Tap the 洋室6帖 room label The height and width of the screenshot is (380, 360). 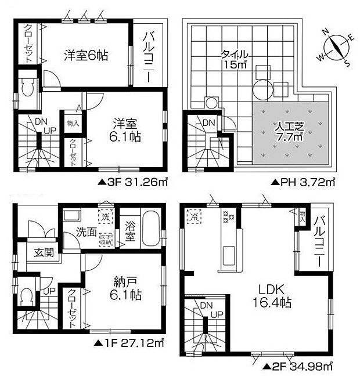coord(86,56)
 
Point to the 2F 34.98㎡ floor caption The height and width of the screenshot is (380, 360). coord(296,366)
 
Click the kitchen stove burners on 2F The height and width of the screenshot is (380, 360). coord(227,218)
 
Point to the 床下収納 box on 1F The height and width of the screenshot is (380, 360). coord(106,239)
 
